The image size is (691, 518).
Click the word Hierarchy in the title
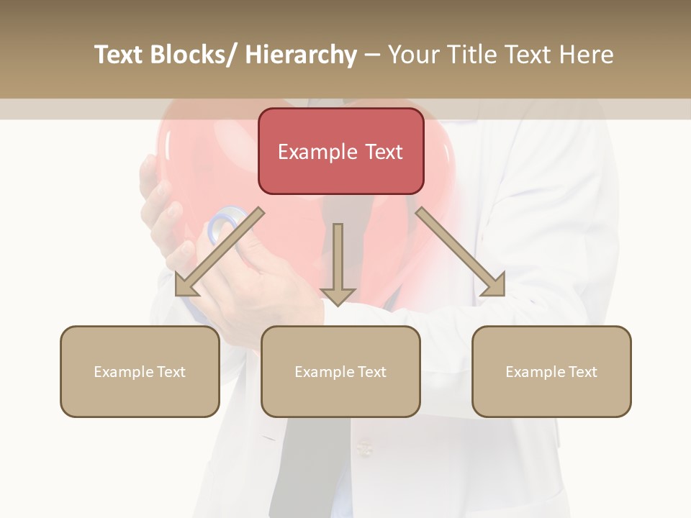tap(301, 55)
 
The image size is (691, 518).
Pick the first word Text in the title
tap(119, 55)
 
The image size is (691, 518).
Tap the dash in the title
tap(372, 55)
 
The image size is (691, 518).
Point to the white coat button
tap(365, 450)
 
